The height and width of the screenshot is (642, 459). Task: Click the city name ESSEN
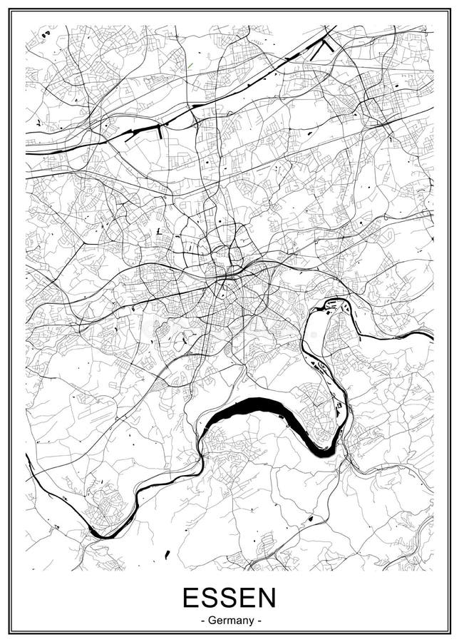(229, 598)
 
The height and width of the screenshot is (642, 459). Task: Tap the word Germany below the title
(229, 621)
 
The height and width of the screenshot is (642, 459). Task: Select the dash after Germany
(259, 621)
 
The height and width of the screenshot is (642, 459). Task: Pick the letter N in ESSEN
(265, 598)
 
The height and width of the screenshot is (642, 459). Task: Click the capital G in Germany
(212, 621)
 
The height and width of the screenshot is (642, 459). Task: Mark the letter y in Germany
(250, 622)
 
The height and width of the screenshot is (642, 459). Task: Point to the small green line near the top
(190, 66)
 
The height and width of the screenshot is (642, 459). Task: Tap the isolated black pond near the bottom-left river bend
(167, 554)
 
